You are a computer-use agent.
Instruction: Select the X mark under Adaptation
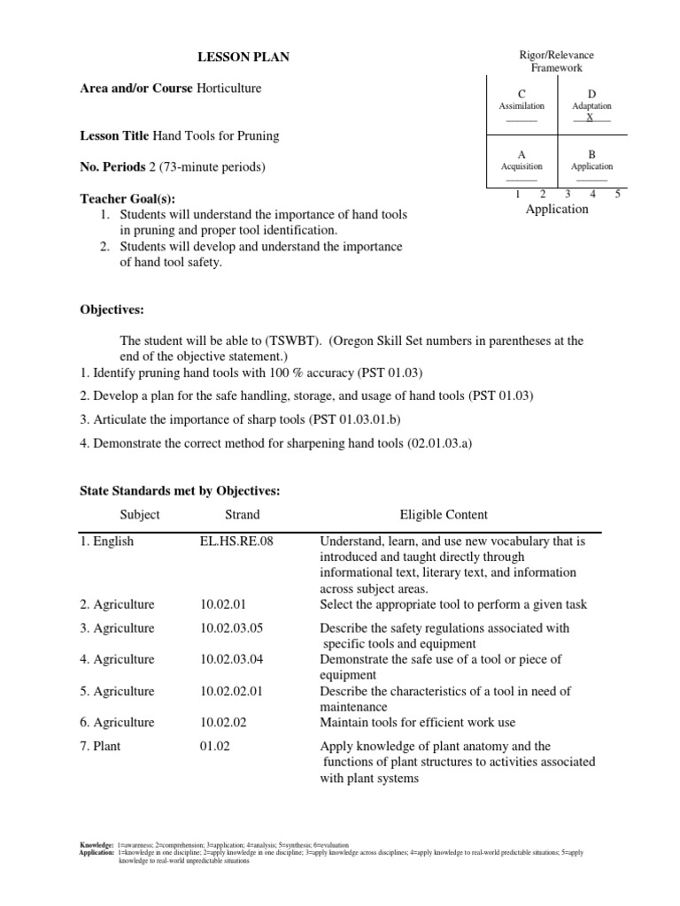pyautogui.click(x=591, y=117)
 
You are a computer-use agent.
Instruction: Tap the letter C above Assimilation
pyautogui.click(x=521, y=94)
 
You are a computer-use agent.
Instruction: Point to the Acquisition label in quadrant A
pyautogui.click(x=522, y=166)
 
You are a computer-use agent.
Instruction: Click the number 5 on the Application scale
pyautogui.click(x=616, y=194)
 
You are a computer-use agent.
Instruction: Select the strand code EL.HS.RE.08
pyautogui.click(x=237, y=541)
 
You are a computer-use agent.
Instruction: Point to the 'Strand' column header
pyautogui.click(x=243, y=514)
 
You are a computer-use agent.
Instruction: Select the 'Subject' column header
pyautogui.click(x=140, y=514)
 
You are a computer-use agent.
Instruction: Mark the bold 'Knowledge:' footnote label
pyautogui.click(x=97, y=846)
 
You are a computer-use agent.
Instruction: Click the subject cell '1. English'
pyautogui.click(x=107, y=541)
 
